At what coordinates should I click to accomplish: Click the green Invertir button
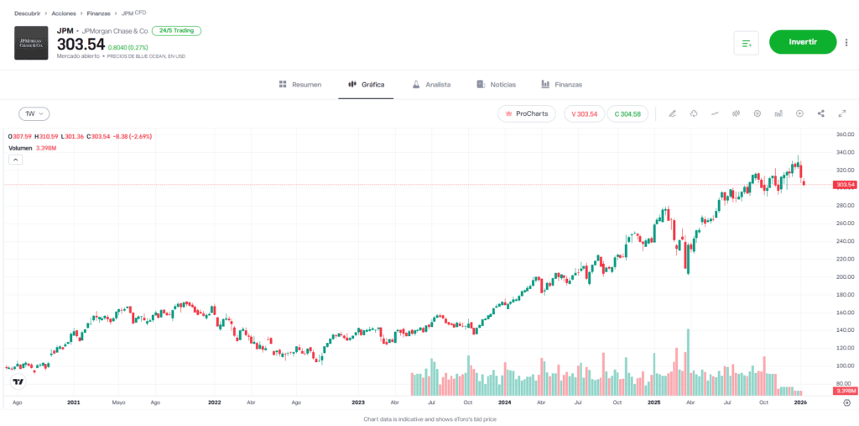click(803, 42)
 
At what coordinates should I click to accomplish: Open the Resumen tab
click(299, 85)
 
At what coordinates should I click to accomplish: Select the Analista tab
click(431, 85)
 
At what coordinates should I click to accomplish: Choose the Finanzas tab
click(561, 85)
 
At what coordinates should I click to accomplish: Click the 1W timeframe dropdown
click(34, 113)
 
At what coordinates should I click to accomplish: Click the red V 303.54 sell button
click(583, 113)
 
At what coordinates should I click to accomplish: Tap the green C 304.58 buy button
click(627, 113)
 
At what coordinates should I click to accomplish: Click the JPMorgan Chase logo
click(31, 43)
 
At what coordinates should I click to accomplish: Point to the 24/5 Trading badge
click(176, 30)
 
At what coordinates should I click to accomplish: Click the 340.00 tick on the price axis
click(845, 152)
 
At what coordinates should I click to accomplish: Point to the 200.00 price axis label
click(845, 276)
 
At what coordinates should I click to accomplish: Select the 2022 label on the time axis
click(215, 403)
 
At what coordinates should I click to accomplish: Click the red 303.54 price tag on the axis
click(845, 184)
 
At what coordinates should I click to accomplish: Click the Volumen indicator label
click(20, 148)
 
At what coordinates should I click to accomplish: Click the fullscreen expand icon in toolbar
click(842, 113)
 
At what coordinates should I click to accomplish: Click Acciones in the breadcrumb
click(63, 14)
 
